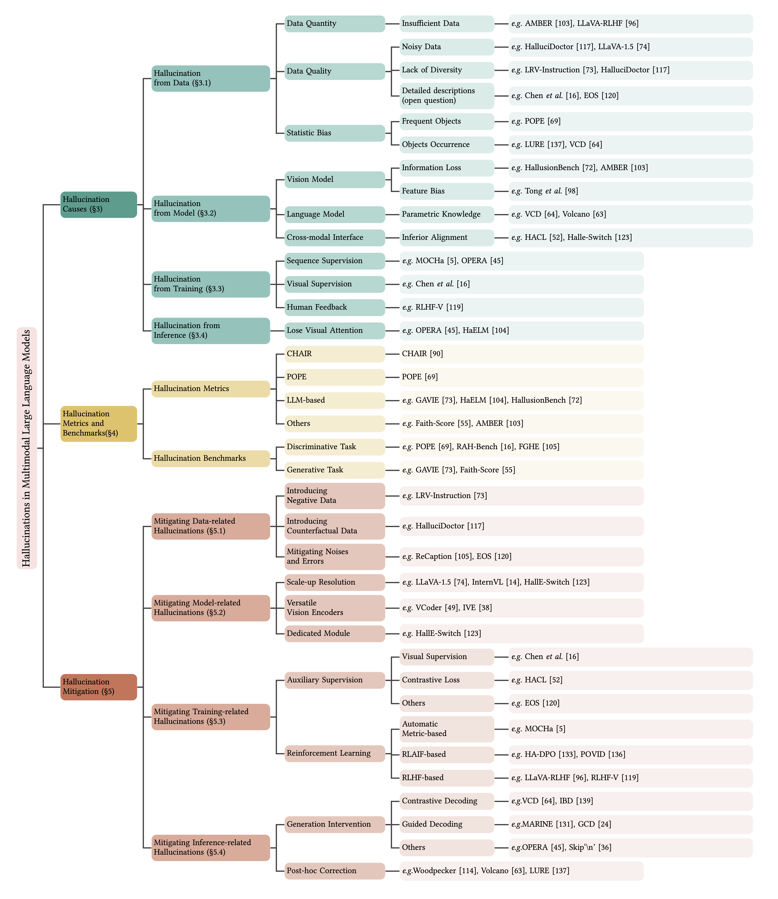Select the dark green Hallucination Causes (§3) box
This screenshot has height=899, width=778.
[x=99, y=205]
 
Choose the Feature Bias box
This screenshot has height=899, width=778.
[x=446, y=191]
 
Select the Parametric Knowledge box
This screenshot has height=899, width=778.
[x=446, y=214]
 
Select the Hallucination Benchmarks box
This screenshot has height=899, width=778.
[x=211, y=458]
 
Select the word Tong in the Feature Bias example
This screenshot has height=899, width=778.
[x=534, y=191]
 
